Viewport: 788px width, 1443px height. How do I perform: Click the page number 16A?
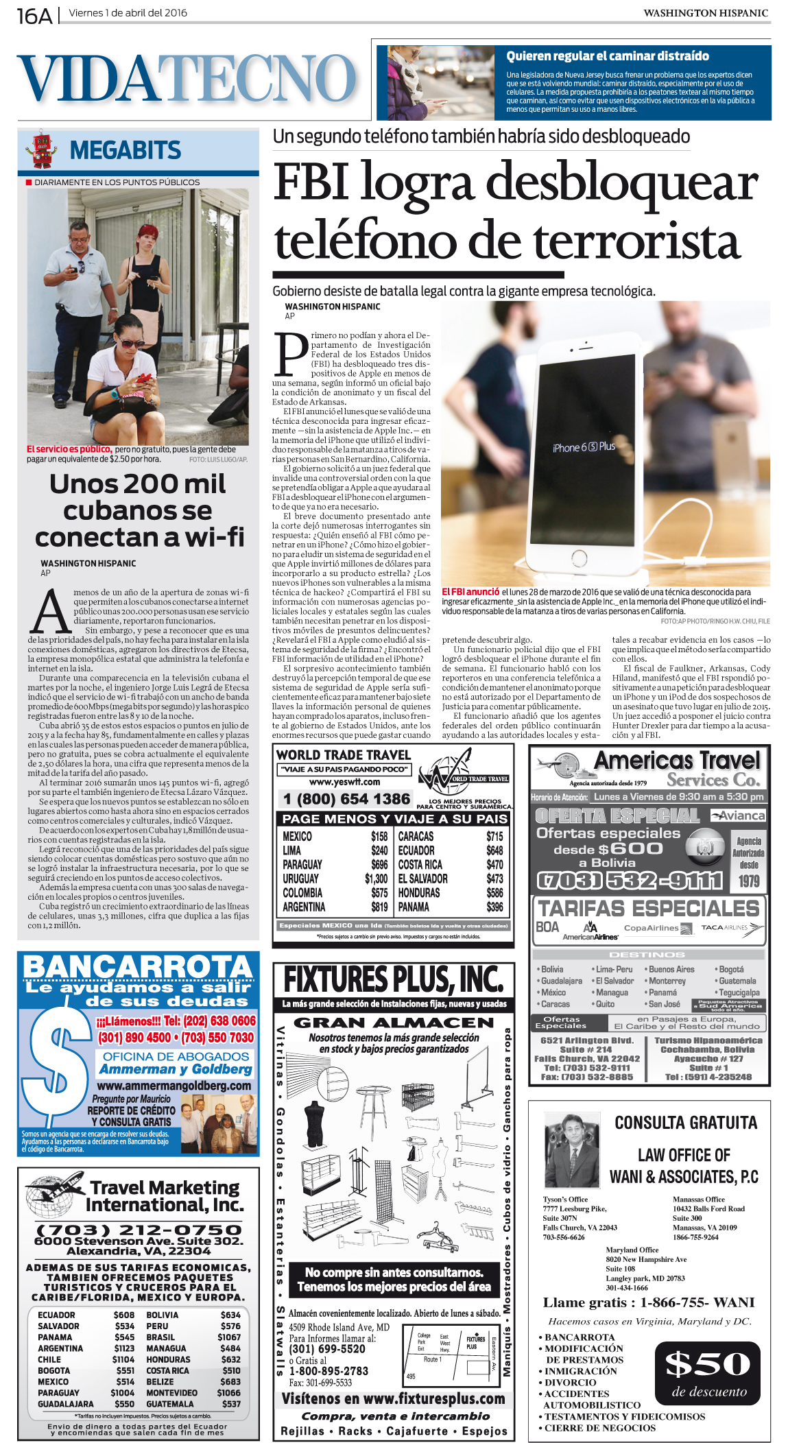(x=34, y=14)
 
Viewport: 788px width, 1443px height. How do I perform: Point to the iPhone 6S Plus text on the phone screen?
(x=584, y=447)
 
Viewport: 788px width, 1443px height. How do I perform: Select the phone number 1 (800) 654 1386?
(x=346, y=799)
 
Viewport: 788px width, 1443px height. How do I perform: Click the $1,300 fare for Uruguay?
(x=376, y=879)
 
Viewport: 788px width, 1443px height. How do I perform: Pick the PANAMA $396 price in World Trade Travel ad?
(x=494, y=907)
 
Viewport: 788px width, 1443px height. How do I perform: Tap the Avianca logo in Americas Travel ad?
(x=738, y=815)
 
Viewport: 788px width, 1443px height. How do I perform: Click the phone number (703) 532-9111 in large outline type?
(x=630, y=880)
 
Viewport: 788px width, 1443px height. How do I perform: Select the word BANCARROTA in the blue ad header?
(x=138, y=968)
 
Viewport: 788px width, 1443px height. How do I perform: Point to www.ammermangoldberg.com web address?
(x=174, y=1086)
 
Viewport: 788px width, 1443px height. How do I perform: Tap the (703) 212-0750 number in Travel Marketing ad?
(x=139, y=1230)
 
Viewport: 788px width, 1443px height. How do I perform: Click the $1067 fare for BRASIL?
(x=229, y=1337)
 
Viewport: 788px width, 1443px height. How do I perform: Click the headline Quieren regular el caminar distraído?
(x=608, y=56)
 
